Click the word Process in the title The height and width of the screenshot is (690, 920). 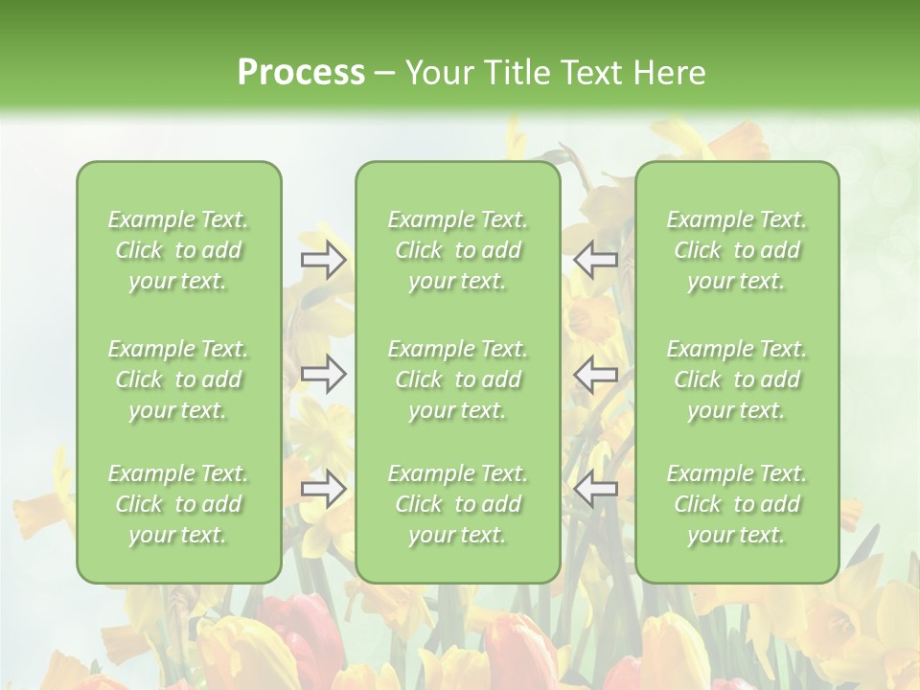coord(301,73)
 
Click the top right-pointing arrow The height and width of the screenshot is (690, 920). coord(324,260)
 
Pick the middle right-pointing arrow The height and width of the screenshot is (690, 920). coord(324,374)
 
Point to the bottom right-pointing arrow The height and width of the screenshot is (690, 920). coord(324,490)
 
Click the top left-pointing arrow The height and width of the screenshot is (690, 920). coord(596,260)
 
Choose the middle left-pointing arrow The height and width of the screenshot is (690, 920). coord(596,374)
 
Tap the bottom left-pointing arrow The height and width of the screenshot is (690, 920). coord(596,490)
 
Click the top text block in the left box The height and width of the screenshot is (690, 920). coord(178,250)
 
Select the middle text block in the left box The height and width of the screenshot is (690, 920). coord(178,379)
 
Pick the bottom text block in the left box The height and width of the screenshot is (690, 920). coord(178,504)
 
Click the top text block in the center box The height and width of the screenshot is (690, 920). coord(458,250)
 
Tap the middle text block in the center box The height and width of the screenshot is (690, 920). coord(458,379)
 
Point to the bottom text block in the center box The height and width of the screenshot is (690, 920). coord(458,504)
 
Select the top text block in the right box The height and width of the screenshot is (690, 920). coord(737,250)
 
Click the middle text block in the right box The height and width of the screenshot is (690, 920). coord(737,379)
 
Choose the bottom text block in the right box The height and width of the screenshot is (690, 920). coord(737,504)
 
